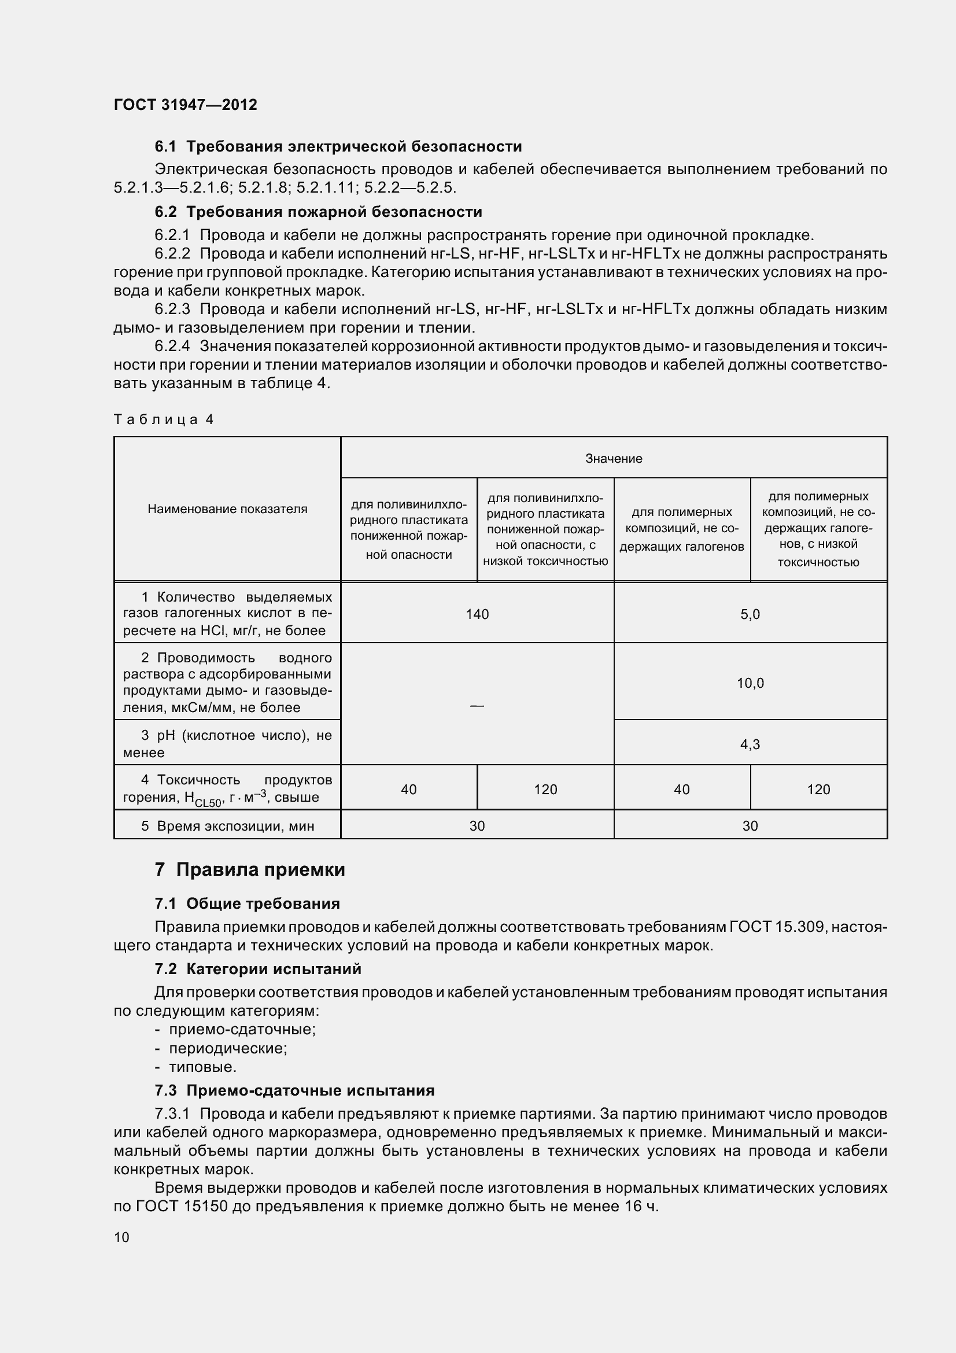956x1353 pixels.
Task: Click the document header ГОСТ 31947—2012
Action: (185, 105)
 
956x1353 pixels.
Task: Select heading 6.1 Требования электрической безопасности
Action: (338, 146)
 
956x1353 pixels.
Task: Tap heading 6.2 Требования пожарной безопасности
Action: (318, 212)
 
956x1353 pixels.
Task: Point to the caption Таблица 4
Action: (163, 419)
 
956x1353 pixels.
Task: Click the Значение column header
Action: (613, 458)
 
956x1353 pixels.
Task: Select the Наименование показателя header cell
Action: (227, 508)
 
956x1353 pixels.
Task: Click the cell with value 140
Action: (477, 614)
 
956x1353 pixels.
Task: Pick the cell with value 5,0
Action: (750, 614)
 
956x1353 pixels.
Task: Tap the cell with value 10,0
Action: (750, 683)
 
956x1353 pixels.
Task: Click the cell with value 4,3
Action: (750, 744)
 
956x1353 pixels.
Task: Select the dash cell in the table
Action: (477, 705)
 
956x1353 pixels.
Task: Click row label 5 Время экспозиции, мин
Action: (227, 825)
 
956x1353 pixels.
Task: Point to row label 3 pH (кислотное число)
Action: (227, 744)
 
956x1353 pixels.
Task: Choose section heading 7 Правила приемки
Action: (250, 869)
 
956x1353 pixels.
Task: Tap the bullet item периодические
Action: (228, 1048)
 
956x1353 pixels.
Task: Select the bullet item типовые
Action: (202, 1067)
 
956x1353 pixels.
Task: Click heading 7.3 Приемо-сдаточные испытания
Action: (294, 1090)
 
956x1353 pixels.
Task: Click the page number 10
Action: (121, 1236)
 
